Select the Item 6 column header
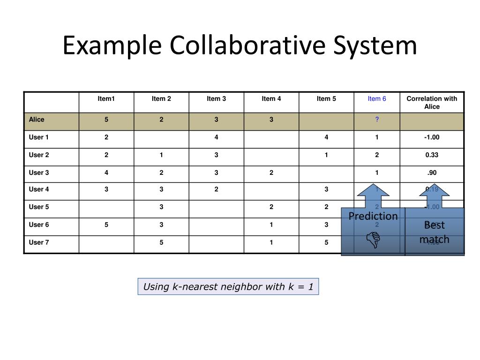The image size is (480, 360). (377, 98)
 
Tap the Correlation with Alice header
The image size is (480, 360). (432, 102)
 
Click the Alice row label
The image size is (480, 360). (37, 120)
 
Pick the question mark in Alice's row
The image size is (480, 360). (377, 120)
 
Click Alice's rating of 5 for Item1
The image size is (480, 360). (106, 120)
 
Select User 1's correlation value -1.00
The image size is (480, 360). (432, 137)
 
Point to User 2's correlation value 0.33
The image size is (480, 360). (432, 155)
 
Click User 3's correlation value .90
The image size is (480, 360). (432, 172)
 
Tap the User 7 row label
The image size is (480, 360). (39, 242)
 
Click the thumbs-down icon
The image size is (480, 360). (373, 240)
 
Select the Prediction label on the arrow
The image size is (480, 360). (373, 216)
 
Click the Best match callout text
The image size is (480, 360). (434, 232)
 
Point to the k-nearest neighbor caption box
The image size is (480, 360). (228, 286)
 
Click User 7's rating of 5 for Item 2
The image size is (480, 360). (161, 242)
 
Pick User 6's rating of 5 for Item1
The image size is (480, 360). (106, 225)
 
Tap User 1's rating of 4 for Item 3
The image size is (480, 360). (216, 137)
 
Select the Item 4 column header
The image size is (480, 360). (271, 98)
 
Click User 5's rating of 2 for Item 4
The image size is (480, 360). (271, 207)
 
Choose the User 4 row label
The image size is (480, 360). (39, 189)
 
